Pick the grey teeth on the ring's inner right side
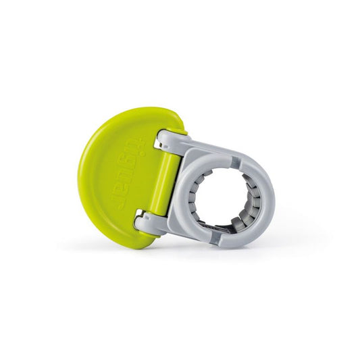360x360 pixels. [x=256, y=191]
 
